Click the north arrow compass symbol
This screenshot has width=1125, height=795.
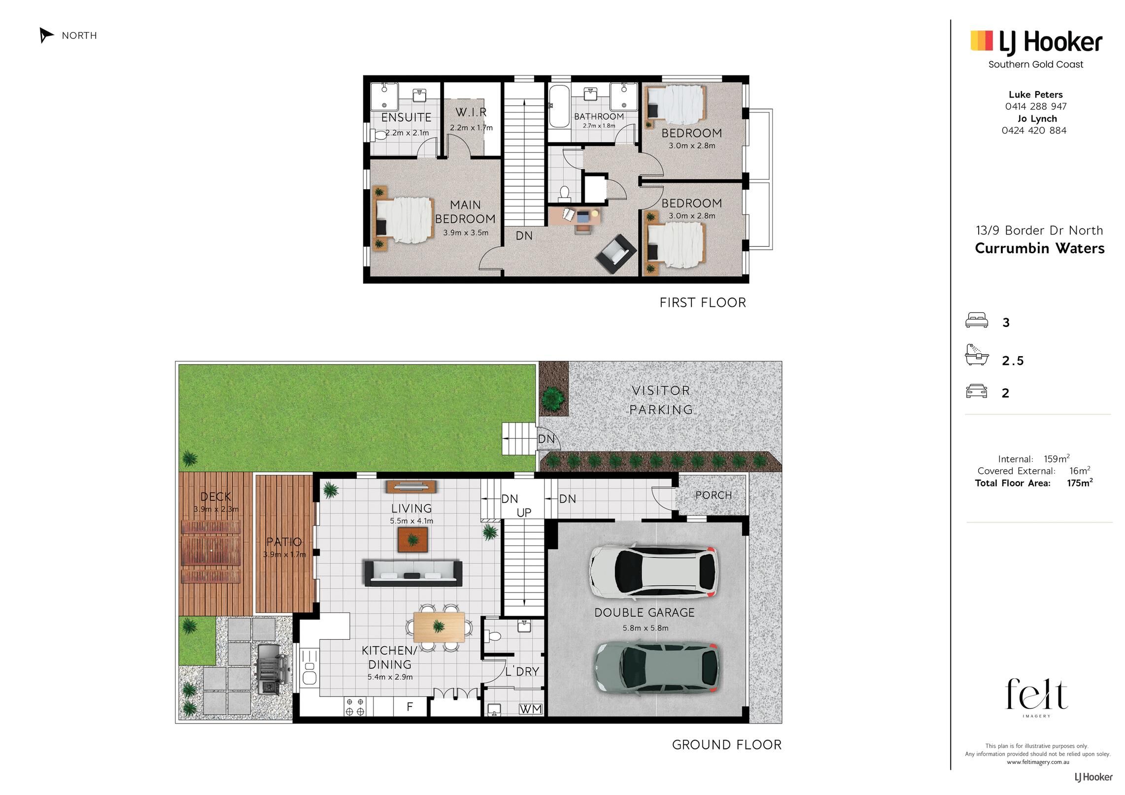46,35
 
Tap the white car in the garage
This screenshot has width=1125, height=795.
654,571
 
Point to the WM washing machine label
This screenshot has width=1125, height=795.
531,709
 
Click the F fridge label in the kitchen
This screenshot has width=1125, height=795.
409,707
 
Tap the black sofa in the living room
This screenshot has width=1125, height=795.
413,573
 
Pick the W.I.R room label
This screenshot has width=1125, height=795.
471,112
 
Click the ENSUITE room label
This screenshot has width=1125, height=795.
407,117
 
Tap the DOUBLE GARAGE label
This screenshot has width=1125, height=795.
645,613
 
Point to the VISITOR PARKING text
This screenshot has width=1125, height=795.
661,400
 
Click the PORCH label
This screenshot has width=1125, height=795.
714,495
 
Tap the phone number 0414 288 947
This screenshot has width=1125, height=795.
1036,106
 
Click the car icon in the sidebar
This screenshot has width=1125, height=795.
977,392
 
